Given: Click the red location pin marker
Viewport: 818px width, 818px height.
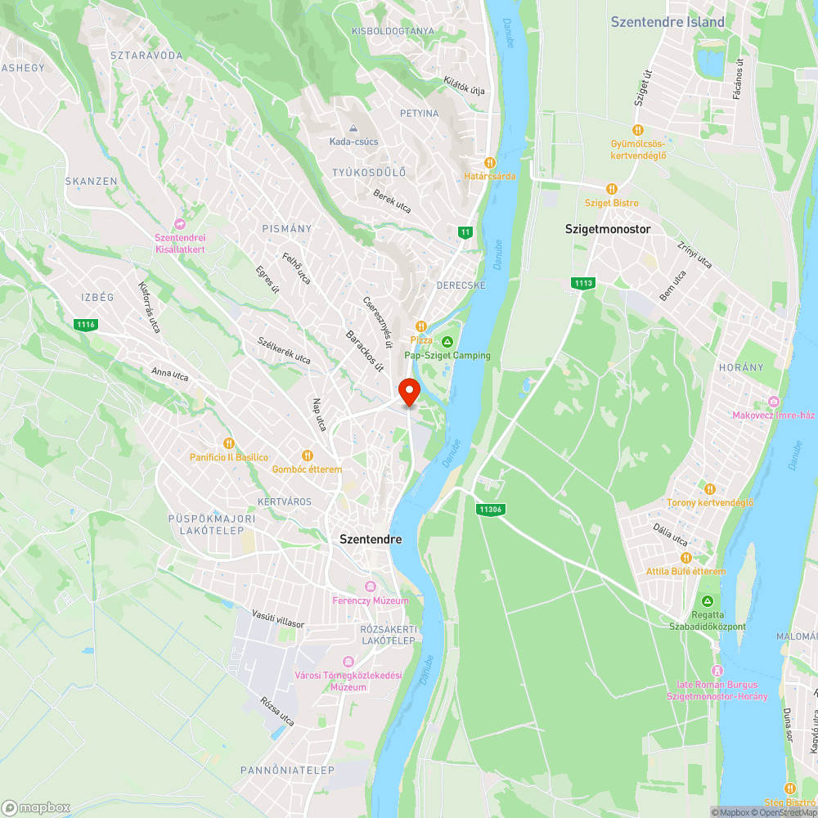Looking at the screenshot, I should coord(408,390).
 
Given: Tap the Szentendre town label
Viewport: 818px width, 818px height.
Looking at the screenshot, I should coord(371,540).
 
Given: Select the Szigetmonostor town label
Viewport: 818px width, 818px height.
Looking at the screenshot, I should coord(608,229).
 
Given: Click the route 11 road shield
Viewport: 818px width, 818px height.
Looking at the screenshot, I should coord(465,232).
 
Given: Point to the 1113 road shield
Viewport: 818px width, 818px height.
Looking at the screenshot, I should coord(583,283).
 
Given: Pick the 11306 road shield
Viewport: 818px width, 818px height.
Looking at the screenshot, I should coord(491,510).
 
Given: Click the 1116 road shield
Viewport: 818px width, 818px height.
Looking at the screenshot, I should coord(85,325).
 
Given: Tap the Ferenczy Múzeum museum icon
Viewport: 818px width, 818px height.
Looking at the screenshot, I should coord(370,587).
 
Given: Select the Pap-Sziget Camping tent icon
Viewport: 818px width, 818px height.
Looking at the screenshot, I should coord(447,341).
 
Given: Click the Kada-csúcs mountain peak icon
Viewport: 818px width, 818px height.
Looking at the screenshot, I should coord(353,128).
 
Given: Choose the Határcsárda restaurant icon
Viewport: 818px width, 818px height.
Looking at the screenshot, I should coord(490,162).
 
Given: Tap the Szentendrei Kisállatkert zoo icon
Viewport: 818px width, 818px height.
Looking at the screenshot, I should coord(179,224).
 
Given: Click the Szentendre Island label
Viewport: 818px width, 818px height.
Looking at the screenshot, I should coord(667,22).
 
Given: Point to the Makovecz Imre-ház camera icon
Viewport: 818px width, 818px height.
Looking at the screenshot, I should coord(774,402).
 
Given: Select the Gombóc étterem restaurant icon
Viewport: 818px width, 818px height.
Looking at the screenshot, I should coord(307,456).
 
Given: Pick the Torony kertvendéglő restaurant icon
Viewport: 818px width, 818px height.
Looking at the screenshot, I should coord(709,488).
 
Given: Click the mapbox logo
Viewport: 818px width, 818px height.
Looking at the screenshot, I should coord(36,807).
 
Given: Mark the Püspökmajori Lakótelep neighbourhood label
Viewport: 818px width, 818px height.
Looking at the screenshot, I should coord(213,524).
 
